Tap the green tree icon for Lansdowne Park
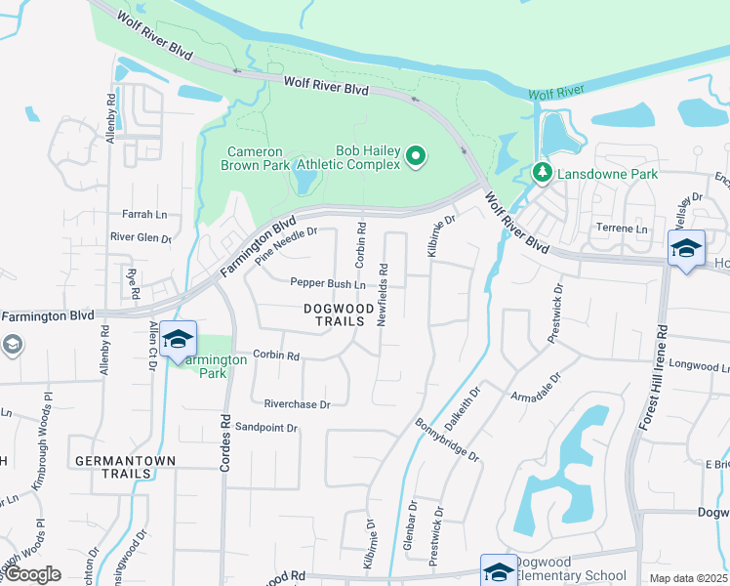point(543,173)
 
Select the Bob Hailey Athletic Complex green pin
point(417,156)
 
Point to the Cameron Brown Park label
point(259,158)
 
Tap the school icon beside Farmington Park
point(178,339)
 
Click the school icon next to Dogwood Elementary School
point(499,571)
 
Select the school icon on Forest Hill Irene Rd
point(686,248)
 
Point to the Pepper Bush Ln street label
point(327,284)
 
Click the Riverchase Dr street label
point(298,403)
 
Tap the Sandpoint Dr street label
point(265,427)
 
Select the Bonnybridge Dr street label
point(447,440)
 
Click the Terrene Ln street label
point(622,229)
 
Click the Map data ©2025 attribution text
point(687,578)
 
